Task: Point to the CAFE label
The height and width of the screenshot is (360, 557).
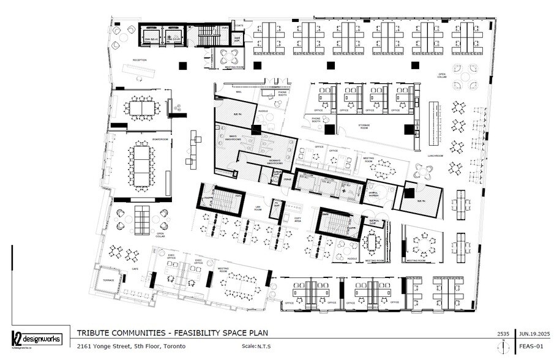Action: click(x=135, y=268)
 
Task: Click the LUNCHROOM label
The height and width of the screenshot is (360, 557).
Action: click(x=435, y=156)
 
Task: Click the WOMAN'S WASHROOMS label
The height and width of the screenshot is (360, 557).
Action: click(x=274, y=163)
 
